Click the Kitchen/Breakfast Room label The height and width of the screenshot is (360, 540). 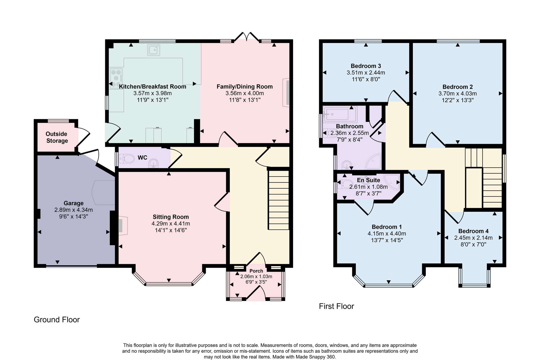(152, 87)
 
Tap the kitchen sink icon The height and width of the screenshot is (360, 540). (154, 50)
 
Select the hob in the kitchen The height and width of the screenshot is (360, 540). (116, 78)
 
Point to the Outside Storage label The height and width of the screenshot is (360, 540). (57, 137)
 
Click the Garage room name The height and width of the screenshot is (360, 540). (74, 203)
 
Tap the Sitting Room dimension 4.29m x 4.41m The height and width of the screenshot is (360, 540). (171, 224)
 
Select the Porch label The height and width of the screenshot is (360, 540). (256, 271)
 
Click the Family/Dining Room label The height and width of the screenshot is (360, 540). (245, 87)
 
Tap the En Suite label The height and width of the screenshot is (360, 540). (368, 180)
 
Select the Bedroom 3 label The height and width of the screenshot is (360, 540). (366, 66)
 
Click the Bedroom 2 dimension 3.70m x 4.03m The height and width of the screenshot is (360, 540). (458, 93)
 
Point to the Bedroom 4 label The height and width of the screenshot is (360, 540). (473, 231)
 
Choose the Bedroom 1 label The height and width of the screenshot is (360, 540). (387, 227)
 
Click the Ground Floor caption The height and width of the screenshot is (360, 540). (57, 320)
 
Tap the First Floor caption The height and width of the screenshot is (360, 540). (336, 306)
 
